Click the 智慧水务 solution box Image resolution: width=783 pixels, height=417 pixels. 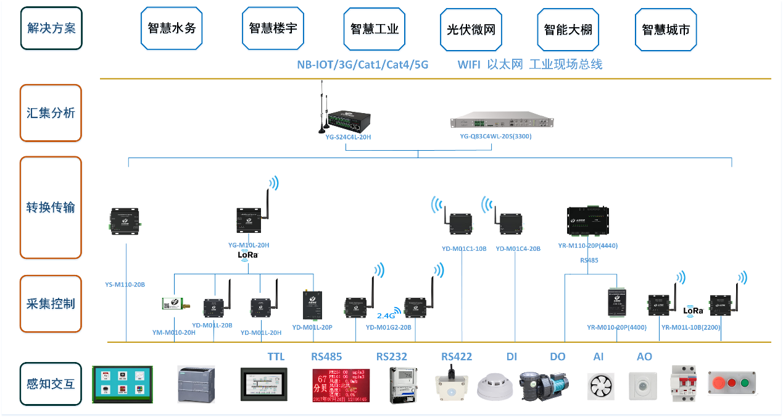click(172, 28)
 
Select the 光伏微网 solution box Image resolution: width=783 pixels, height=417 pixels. click(471, 29)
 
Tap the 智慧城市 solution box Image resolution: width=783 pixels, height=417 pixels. click(666, 29)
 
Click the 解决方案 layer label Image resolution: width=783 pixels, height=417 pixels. click(51, 28)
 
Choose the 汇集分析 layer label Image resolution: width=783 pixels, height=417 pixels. click(51, 113)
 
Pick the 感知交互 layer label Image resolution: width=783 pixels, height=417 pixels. click(51, 384)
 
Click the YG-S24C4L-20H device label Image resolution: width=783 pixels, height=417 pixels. click(348, 137)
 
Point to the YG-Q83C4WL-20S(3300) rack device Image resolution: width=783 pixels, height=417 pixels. click(501, 121)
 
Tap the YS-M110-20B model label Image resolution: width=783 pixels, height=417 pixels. click(125, 285)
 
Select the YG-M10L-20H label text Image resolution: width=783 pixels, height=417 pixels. click(249, 245)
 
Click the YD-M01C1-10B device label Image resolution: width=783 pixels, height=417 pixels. click(464, 249)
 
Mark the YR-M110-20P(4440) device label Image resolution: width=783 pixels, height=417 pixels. click(587, 246)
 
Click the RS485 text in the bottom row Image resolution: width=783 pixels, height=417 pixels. click(326, 356)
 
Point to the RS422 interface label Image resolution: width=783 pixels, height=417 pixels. click(457, 356)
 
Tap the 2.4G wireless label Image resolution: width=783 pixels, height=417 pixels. click(386, 315)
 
